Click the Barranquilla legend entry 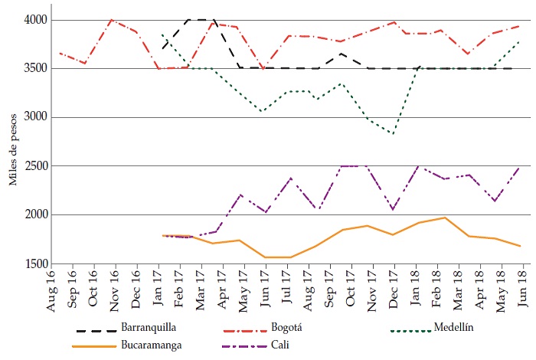pyautogui.click(x=145, y=329)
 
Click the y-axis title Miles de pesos pyautogui.click(x=13, y=142)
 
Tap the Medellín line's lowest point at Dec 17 pyautogui.click(x=394, y=133)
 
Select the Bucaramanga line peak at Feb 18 pyautogui.click(x=445, y=218)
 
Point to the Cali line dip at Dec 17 pyautogui.click(x=393, y=209)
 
